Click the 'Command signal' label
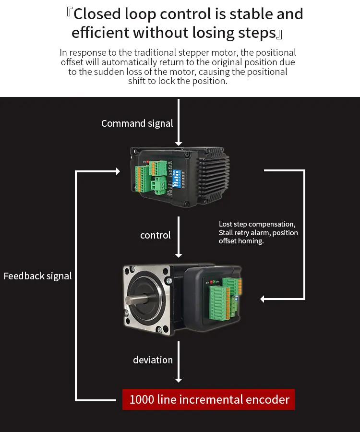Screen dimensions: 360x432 pos(137,123)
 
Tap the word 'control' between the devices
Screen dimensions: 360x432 pos(155,235)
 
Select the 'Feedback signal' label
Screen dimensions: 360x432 pos(37,276)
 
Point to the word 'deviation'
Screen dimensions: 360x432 pos(153,360)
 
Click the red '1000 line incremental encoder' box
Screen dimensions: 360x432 pos(209,399)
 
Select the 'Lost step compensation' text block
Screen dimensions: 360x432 pos(258,233)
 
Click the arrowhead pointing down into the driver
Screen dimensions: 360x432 pos(179,143)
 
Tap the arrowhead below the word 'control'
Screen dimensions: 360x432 pos(179,254)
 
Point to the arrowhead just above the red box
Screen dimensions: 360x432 pos(179,380)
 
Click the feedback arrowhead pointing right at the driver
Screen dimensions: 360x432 pos(117,171)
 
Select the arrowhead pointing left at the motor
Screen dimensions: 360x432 pos(264,299)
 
